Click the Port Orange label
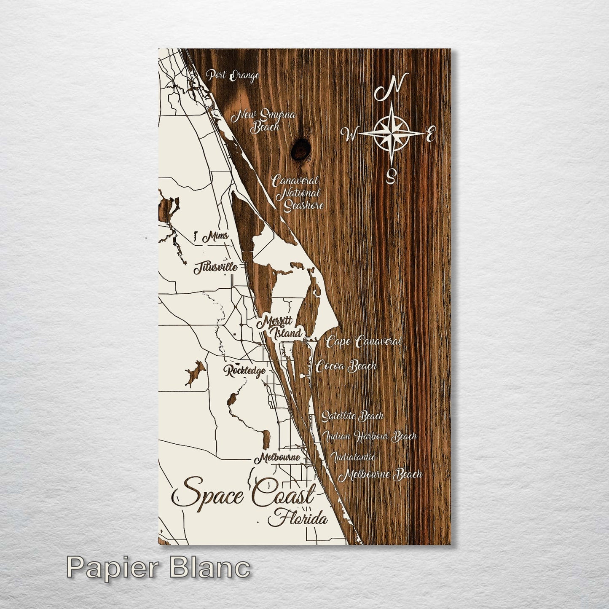point(232,76)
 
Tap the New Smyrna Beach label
point(266,121)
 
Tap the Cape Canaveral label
point(364,341)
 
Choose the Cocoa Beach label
point(346,366)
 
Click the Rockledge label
point(245,371)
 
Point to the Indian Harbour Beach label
point(370,436)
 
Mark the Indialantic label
point(353,456)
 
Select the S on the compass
point(391,176)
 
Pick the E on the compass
point(430,135)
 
